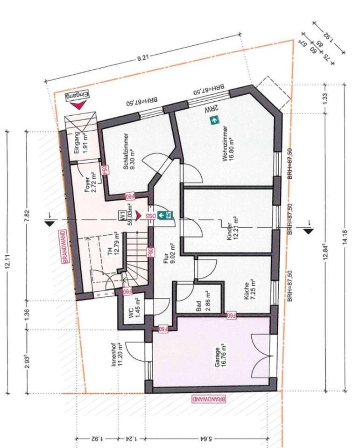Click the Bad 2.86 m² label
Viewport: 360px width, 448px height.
point(202,301)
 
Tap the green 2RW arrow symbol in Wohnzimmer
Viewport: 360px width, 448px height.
point(214,120)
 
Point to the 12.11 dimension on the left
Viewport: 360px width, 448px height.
point(8,261)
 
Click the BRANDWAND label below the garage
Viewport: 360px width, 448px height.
point(208,399)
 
